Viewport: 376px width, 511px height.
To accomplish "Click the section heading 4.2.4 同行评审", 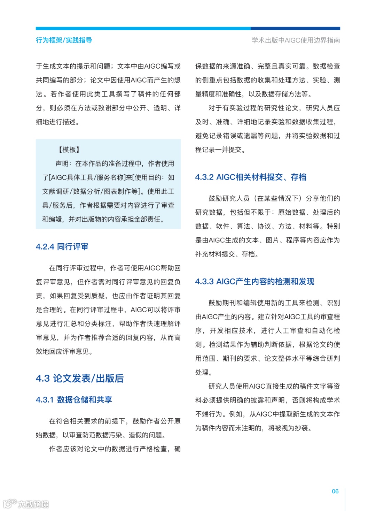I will point(62,247).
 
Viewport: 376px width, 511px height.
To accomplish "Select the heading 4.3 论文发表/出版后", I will point(79,378).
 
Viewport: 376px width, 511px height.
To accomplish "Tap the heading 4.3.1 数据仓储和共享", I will point(74,400).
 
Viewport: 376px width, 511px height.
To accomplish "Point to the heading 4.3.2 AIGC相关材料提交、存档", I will point(251,177).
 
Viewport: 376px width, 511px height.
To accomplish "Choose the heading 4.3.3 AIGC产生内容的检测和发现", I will point(254,281).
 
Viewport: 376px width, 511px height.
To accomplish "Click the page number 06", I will point(335,491).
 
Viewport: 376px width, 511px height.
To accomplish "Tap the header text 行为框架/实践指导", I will point(64,40).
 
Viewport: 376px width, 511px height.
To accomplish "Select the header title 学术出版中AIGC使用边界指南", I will point(296,40).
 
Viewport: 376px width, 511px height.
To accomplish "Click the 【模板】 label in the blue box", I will point(69,150).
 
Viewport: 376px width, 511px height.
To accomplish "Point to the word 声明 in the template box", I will point(63,163).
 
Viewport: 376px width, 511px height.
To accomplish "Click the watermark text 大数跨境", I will point(33,504).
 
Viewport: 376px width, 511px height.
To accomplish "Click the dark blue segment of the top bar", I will point(295,29).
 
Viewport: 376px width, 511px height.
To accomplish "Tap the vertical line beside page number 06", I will point(345,499).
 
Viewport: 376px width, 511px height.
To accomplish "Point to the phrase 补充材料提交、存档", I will point(226,254).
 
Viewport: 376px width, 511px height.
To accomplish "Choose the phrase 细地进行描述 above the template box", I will point(56,122).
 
